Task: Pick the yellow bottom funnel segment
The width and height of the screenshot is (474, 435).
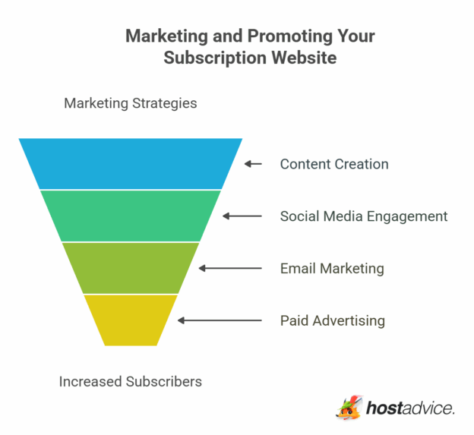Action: (x=131, y=320)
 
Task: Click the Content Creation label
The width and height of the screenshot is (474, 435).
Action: (x=333, y=164)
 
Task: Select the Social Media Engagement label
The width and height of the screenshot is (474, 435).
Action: (x=363, y=216)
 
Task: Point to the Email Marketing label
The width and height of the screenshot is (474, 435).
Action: (x=331, y=269)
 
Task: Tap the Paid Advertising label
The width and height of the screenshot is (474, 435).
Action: (x=332, y=320)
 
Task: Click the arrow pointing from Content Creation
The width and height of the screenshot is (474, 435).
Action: (x=253, y=164)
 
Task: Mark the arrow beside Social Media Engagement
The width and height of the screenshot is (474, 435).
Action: (x=242, y=216)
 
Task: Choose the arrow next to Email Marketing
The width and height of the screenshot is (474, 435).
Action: (x=230, y=269)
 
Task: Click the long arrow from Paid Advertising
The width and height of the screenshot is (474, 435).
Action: (x=220, y=320)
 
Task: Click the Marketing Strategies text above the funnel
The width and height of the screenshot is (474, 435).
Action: (x=130, y=103)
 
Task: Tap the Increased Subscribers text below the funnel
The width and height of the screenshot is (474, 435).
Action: (x=130, y=381)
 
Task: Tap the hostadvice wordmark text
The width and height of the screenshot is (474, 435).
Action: (x=410, y=408)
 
